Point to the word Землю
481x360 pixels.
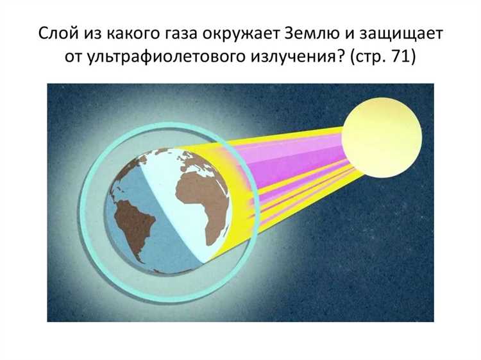[312, 33]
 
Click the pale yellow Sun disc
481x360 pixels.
[382, 137]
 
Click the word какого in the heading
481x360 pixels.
[130, 34]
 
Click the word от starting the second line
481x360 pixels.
[74, 58]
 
